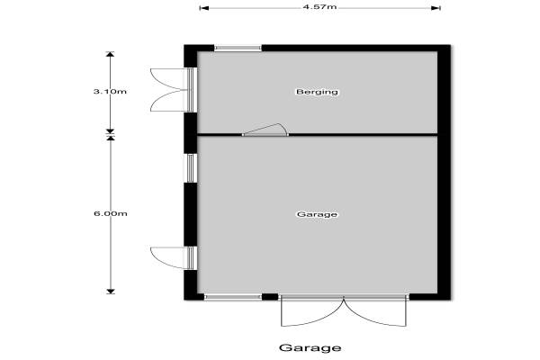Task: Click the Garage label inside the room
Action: [316, 214]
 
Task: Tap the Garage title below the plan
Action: [310, 347]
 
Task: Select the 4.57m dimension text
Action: [319, 7]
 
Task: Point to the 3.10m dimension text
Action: [111, 92]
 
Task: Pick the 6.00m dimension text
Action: [111, 213]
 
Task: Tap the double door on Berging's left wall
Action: [171, 88]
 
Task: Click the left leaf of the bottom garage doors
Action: [311, 311]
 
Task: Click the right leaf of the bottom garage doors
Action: [377, 311]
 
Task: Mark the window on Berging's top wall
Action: [238, 48]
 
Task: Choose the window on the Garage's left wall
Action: [190, 167]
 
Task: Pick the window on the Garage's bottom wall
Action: [233, 296]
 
